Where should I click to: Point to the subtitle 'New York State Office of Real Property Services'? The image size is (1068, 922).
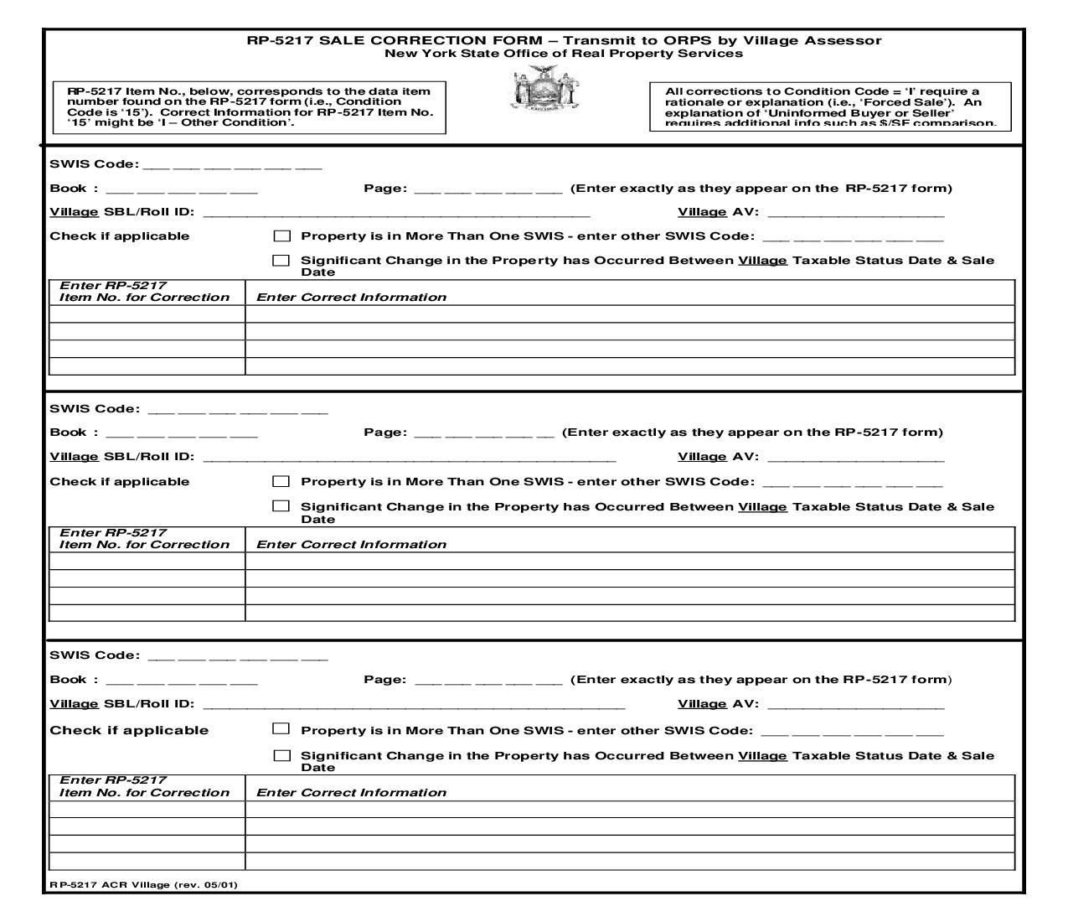[563, 54]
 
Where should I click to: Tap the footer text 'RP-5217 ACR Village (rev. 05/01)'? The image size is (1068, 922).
[142, 885]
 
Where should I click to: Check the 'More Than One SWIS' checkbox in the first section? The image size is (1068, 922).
[281, 236]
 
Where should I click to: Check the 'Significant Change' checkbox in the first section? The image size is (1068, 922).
[281, 261]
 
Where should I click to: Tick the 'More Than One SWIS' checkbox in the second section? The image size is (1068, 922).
[281, 481]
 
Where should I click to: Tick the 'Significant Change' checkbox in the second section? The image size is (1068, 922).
[281, 506]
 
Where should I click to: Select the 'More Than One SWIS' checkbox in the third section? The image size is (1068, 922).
[281, 729]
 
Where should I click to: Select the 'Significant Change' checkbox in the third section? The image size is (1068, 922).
[281, 755]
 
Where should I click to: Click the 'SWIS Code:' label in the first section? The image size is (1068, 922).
[95, 164]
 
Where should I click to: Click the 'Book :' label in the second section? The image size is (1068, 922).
[74, 433]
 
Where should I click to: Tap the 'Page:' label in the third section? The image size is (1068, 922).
[385, 680]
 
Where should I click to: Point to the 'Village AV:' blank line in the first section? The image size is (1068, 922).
[855, 213]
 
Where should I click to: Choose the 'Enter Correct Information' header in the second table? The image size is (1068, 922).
[351, 544]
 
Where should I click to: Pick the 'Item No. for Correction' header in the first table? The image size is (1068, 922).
[144, 298]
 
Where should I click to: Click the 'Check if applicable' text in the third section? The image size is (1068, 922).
[129, 730]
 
